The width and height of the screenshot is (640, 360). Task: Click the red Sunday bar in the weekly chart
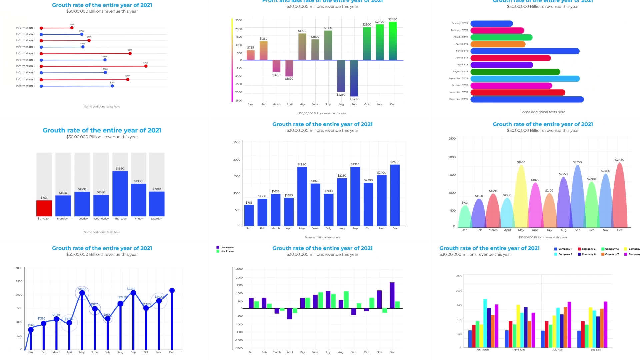click(x=44, y=208)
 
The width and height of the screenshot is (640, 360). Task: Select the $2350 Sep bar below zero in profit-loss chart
click(x=354, y=78)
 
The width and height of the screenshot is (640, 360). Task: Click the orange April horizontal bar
click(x=498, y=44)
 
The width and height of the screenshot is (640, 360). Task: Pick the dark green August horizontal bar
click(x=515, y=72)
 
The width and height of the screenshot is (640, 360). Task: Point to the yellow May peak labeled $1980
click(x=521, y=187)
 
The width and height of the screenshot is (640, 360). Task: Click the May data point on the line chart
click(x=82, y=293)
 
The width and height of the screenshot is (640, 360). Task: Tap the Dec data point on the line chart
click(x=172, y=291)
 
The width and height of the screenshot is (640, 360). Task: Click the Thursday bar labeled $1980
click(x=120, y=193)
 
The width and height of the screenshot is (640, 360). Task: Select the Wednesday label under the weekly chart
click(x=101, y=219)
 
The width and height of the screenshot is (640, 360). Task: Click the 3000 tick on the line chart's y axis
click(x=19, y=268)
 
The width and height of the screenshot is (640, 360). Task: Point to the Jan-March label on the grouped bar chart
click(x=482, y=350)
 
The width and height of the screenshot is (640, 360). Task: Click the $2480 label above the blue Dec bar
click(x=394, y=162)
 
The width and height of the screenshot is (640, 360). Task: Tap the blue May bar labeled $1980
click(x=302, y=197)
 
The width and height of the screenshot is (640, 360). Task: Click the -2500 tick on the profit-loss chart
click(x=238, y=101)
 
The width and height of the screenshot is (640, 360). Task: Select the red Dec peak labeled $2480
click(x=620, y=193)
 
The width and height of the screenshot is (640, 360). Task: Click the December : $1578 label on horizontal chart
click(x=458, y=99)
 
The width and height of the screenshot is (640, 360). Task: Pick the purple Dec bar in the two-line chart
click(x=392, y=295)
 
